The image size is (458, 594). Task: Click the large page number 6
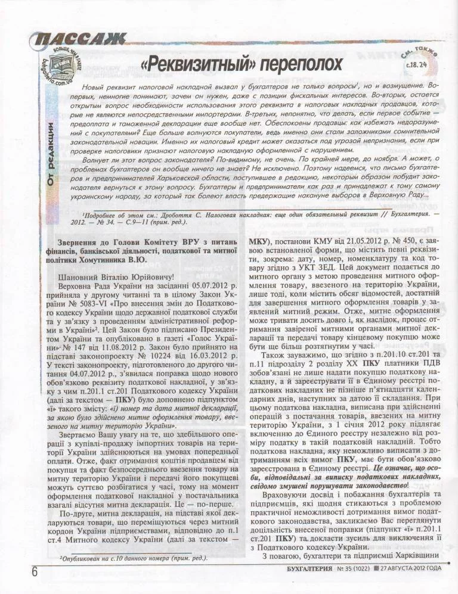pyautogui.click(x=35, y=570)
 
